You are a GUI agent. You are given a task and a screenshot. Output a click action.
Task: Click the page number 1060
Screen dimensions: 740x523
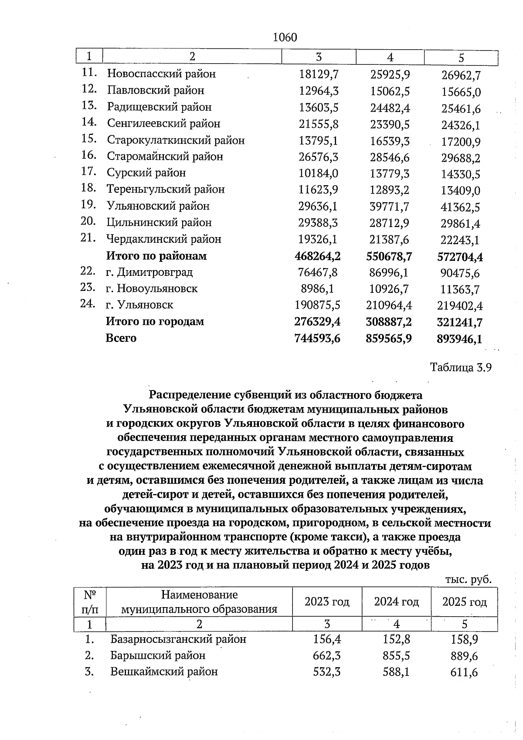click(x=285, y=37)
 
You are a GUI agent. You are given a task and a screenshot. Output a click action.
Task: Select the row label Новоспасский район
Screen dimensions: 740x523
click(x=161, y=74)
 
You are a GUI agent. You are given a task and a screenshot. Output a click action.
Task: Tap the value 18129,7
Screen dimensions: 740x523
click(x=319, y=75)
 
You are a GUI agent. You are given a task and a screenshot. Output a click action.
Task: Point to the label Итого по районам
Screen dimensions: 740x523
click(x=156, y=256)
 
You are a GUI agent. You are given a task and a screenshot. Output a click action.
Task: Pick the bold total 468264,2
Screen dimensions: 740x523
click(x=318, y=256)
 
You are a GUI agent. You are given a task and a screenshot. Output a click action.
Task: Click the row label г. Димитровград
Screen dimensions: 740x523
click(x=149, y=273)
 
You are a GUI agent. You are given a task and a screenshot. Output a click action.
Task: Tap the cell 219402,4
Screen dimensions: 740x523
click(x=460, y=306)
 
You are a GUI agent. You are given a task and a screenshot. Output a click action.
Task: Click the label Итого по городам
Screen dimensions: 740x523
click(x=155, y=322)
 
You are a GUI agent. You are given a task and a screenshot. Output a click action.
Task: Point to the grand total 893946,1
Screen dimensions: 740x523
click(x=459, y=339)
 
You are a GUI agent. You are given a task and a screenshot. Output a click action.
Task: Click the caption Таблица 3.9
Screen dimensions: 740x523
click(x=461, y=367)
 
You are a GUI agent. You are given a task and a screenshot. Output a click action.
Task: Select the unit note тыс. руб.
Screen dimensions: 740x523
click(x=468, y=580)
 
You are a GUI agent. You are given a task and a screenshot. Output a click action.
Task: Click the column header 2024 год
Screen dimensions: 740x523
click(x=396, y=602)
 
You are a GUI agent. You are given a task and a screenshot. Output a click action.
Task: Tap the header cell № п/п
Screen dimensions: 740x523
click(x=89, y=602)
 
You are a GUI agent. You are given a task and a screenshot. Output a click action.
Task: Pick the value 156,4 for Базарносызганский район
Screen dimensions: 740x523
click(x=327, y=639)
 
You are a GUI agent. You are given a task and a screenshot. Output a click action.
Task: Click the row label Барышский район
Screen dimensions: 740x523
click(x=157, y=656)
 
